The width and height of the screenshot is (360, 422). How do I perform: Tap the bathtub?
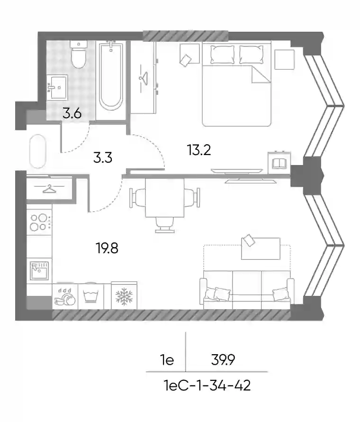point(111,76)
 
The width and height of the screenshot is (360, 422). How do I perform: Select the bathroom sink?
point(57,87)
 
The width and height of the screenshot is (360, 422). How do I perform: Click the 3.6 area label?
point(72,113)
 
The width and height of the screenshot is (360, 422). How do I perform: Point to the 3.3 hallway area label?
point(103,157)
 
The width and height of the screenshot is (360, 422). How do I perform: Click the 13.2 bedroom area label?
point(199,150)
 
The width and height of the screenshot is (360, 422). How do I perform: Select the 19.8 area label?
point(107,248)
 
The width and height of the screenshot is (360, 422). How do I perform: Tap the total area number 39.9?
point(223,359)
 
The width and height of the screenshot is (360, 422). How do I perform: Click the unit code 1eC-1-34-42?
point(207,385)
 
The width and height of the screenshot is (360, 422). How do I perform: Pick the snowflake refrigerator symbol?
point(124,296)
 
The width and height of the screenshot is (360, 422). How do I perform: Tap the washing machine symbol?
point(90,296)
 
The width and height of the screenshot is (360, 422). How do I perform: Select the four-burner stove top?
point(39,222)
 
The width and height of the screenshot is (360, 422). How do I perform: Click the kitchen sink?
point(39,270)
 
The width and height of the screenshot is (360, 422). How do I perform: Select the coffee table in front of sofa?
point(261,248)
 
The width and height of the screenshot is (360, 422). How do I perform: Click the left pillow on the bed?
point(222,55)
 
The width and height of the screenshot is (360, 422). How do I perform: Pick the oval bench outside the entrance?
point(37,151)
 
